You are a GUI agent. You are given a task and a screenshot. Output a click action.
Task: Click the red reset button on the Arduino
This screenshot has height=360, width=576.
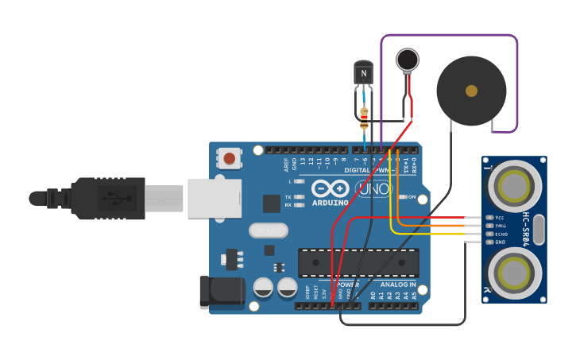coord(230,158)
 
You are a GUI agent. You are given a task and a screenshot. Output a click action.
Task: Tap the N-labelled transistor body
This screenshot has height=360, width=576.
coord(363,74)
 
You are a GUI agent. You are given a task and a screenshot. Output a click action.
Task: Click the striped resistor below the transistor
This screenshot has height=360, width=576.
coord(364,118)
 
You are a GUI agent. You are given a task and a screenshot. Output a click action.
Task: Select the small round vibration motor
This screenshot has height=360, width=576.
coord(408,60)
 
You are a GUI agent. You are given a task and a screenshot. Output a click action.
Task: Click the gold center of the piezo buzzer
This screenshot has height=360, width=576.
coord(471,91)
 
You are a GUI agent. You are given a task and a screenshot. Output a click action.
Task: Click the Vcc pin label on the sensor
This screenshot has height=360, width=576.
coord(500,217)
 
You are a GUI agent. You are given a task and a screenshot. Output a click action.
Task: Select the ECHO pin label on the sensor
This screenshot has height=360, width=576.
coord(501,234)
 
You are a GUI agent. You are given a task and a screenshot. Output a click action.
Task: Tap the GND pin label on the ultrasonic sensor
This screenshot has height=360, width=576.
coord(501,242)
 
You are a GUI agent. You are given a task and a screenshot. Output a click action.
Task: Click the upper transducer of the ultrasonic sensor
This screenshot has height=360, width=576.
coord(514,185)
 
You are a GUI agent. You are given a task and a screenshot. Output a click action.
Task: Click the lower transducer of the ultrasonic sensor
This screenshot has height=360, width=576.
coord(514,274)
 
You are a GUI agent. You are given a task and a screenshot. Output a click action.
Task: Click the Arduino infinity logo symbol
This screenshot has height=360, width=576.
coord(330,189)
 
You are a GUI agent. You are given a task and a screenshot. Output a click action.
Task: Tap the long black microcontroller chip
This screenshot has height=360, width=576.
coord(358,263)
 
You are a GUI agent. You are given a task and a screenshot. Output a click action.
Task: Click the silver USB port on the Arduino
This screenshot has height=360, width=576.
coord(214,199)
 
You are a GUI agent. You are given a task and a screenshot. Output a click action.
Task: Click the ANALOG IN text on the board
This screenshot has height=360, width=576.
coord(397,284)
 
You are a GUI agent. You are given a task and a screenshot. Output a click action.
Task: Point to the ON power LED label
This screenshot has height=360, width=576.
coord(412,197)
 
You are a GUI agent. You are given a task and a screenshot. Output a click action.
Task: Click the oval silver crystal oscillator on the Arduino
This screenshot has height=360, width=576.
coord(268,230)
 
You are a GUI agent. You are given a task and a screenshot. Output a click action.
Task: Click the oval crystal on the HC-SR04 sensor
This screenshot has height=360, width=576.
coord(539,230)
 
